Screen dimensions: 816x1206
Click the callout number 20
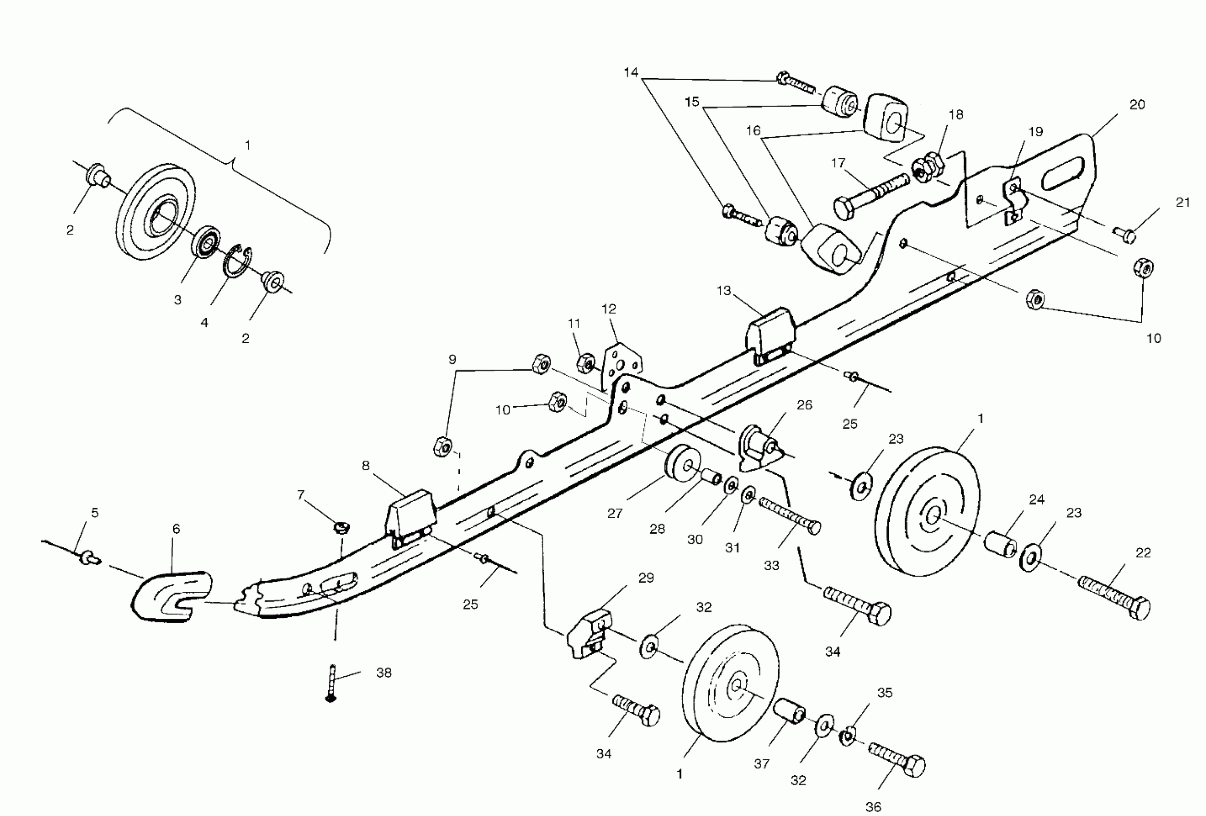coord(1137,105)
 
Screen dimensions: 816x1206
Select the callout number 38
coord(383,673)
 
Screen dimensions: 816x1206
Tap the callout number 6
coord(177,529)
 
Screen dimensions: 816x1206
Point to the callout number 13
coord(723,291)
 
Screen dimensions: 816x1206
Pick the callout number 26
coord(804,406)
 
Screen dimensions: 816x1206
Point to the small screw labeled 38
coord(331,683)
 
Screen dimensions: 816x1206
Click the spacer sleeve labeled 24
coord(1000,547)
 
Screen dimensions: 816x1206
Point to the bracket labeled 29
coord(589,635)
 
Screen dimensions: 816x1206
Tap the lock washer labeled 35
coord(848,737)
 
